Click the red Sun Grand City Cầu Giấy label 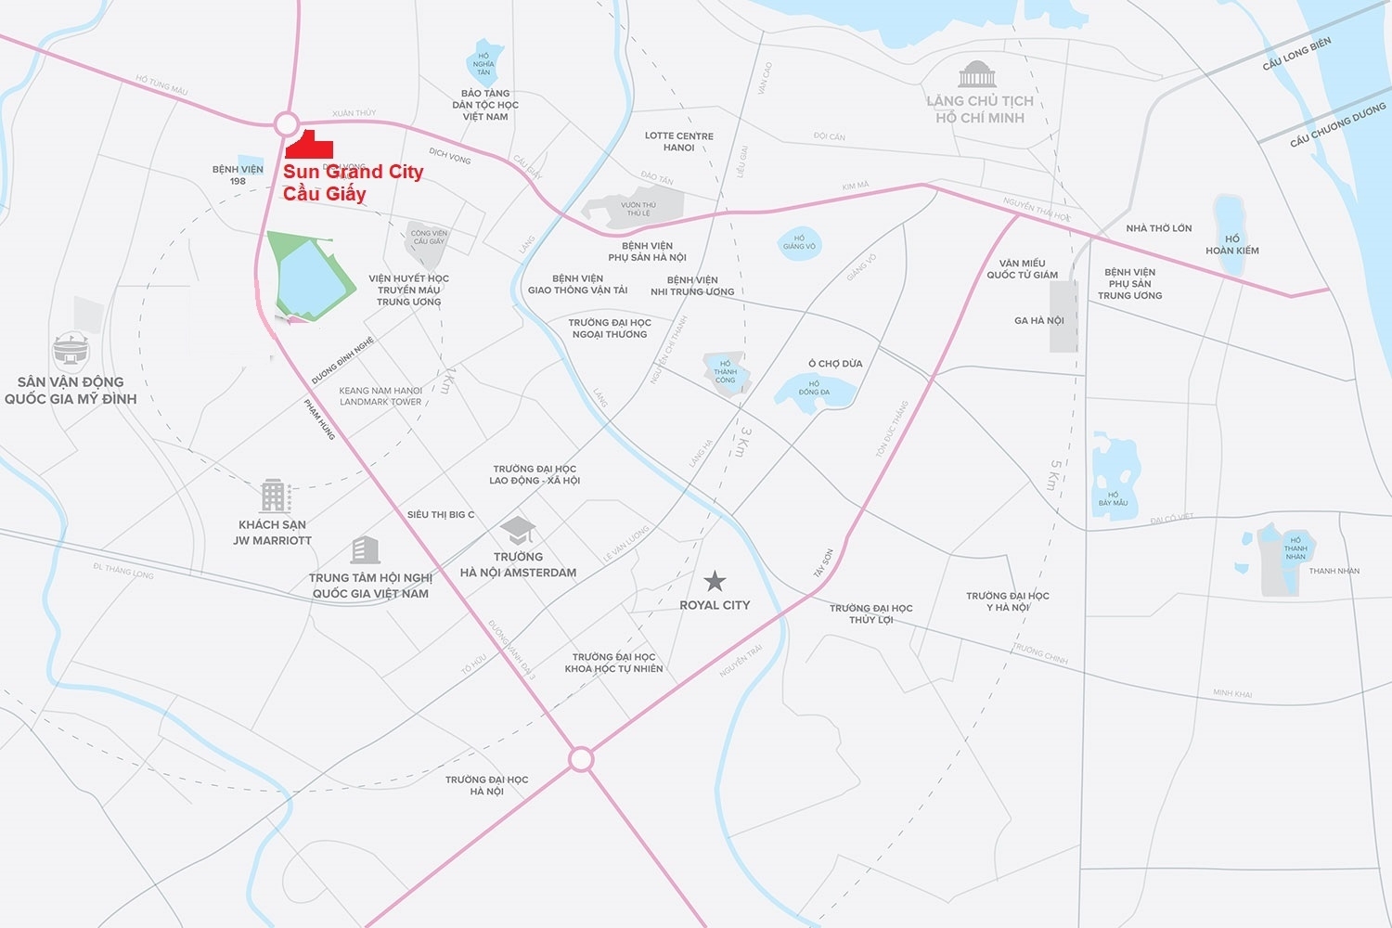click(353, 182)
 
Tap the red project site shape click(309, 145)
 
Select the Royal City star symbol click(715, 581)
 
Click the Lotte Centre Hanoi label click(679, 141)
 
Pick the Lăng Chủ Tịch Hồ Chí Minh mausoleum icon click(977, 74)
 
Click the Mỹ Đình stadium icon click(71, 351)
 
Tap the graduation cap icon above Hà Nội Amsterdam click(518, 531)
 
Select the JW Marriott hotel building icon click(275, 496)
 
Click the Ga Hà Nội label click(1039, 320)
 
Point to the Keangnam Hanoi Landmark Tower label click(380, 396)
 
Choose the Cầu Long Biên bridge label click(1296, 54)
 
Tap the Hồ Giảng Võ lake click(799, 243)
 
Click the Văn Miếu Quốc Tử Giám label click(1022, 268)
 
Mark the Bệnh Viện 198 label click(238, 174)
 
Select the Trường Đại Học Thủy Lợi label click(870, 613)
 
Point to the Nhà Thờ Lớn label click(1158, 228)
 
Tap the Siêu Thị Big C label click(441, 514)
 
